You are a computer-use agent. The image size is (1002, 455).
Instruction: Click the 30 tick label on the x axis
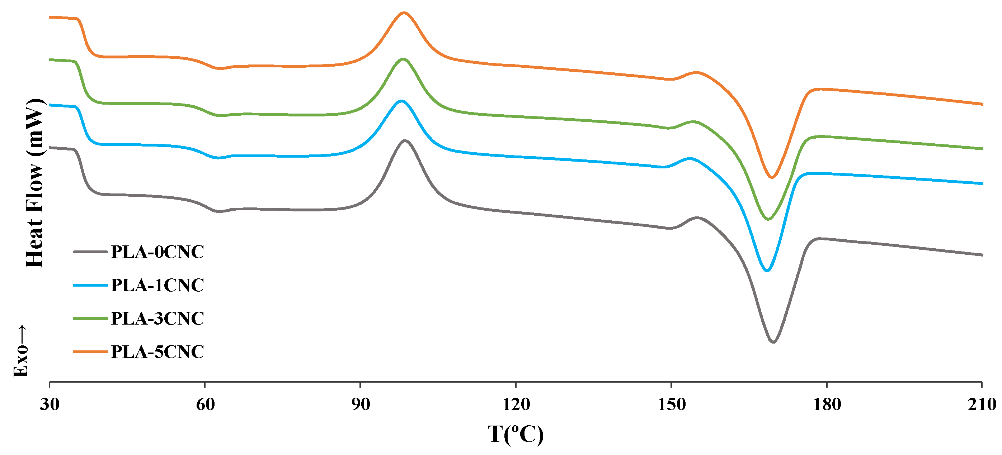[50, 404]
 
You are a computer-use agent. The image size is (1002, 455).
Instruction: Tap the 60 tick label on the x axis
[205, 404]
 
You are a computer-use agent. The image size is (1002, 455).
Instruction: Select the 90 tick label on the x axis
[361, 404]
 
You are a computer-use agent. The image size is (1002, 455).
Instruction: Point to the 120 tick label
[516, 404]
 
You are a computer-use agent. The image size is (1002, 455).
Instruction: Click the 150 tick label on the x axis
[671, 404]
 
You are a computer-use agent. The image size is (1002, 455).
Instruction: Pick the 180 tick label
[827, 404]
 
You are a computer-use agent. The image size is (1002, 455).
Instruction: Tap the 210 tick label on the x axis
[982, 404]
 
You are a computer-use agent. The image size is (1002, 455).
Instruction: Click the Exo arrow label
[20, 351]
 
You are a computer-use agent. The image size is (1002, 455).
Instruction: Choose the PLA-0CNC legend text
[157, 252]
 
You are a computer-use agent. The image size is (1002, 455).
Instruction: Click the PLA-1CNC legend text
[157, 285]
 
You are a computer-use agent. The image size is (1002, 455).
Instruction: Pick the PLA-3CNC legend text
[157, 318]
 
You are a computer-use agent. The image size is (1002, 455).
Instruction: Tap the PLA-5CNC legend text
[157, 352]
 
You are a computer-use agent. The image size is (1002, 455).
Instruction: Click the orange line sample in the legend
[90, 352]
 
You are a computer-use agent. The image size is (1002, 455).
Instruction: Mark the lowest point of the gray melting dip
[773, 342]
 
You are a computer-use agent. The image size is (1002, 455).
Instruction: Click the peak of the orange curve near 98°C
[404, 13]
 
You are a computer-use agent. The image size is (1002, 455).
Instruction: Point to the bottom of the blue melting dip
[767, 271]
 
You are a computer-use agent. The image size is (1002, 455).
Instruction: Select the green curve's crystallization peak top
[403, 59]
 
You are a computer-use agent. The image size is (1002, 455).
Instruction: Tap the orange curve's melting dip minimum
[772, 178]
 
